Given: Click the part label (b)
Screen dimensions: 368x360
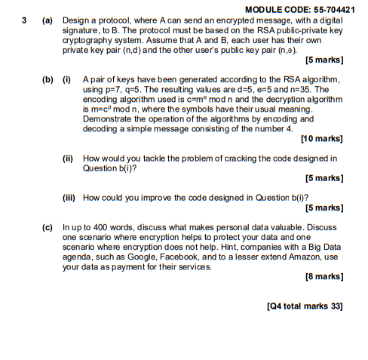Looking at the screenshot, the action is (48, 79).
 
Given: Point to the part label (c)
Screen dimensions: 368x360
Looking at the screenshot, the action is (48, 226).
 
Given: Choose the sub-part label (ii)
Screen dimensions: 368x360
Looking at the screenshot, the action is (69, 158).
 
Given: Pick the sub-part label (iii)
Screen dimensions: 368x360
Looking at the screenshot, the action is (70, 197).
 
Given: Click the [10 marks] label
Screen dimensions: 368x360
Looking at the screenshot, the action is (323, 139).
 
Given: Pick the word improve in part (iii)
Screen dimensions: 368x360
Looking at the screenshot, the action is (151, 197).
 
